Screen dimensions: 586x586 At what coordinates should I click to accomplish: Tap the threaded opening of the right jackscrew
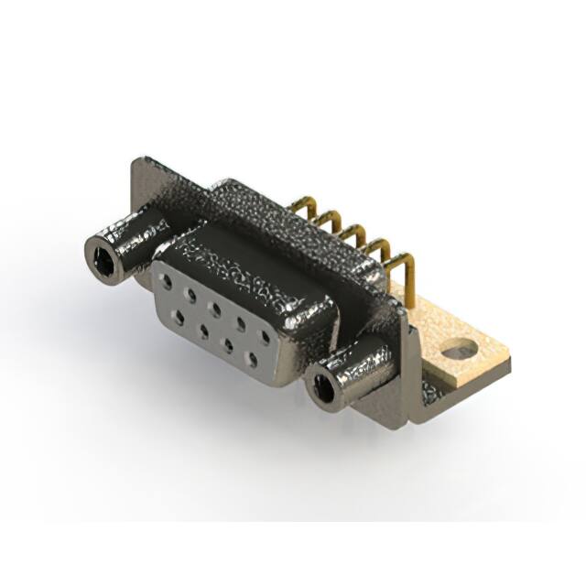coord(323,388)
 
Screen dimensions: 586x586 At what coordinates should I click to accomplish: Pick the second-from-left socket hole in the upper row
coord(191,295)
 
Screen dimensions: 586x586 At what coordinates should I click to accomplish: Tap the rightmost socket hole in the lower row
coord(252,355)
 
